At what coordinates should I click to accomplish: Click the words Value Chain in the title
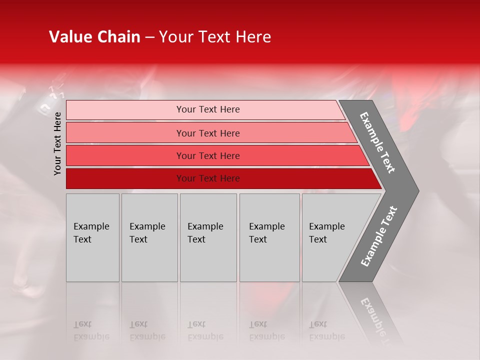coord(94,37)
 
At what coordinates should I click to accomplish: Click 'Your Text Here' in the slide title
coord(215,37)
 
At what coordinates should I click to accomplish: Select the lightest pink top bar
coord(125,109)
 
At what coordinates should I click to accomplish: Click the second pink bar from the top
coord(125,133)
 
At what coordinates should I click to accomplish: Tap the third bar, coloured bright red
coord(125,155)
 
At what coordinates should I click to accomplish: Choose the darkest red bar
coord(125,178)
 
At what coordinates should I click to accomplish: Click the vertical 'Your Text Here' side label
coord(57,143)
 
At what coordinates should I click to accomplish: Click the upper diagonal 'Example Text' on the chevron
coord(377,142)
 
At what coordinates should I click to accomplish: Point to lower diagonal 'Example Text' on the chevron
coord(378,236)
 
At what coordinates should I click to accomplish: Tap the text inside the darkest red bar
coord(208,178)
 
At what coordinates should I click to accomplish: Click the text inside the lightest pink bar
coord(208,109)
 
